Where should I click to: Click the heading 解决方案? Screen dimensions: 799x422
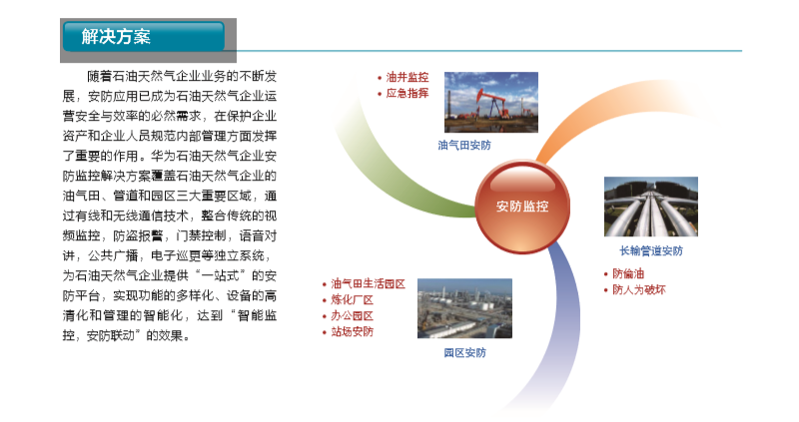click(x=116, y=37)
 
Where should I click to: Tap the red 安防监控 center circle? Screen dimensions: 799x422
click(x=522, y=207)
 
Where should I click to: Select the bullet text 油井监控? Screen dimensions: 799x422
click(x=407, y=78)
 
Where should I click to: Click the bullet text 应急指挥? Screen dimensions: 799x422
click(x=407, y=93)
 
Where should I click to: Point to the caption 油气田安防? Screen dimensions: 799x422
click(x=464, y=146)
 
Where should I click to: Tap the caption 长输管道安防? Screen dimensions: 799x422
click(x=651, y=251)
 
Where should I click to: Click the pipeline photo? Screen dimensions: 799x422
click(x=651, y=207)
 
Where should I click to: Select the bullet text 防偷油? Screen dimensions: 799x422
click(x=628, y=274)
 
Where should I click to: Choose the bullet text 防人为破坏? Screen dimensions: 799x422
click(x=639, y=290)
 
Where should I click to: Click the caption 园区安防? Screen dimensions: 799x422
click(x=464, y=353)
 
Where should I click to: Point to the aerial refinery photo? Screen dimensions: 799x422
click(x=464, y=308)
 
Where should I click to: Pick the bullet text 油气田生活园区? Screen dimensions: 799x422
click(x=368, y=284)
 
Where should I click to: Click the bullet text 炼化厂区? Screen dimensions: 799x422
click(x=353, y=300)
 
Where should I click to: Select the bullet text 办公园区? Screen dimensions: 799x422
click(x=353, y=316)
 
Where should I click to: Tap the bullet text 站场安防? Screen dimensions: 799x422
click(x=353, y=332)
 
